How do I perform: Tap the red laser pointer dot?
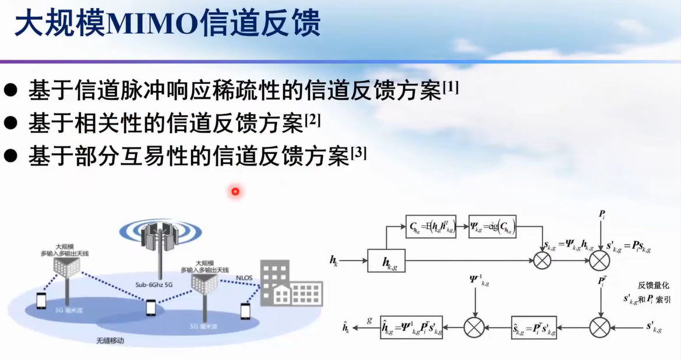235,191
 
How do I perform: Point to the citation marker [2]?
313,121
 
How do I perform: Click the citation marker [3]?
358,154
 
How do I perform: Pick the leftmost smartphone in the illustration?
41,301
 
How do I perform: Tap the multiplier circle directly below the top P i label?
599,260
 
